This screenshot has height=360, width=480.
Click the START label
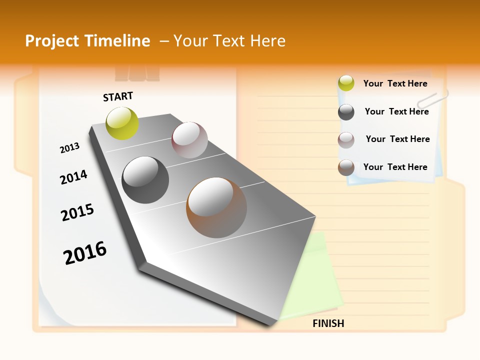[118, 96]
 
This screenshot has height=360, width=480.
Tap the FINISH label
[328, 323]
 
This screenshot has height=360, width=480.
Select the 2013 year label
[69, 148]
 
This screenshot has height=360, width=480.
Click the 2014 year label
[73, 177]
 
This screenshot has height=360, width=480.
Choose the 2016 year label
[85, 252]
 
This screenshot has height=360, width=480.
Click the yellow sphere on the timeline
[122, 123]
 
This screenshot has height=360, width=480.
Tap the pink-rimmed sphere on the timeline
[189, 140]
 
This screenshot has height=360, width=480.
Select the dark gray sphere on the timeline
[145, 180]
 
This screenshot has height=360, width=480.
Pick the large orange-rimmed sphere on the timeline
[216, 207]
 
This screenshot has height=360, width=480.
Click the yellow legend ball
[346, 83]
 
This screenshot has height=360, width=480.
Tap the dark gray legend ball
[346, 112]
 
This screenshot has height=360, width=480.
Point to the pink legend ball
[346, 140]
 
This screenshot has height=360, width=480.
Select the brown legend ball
[346, 167]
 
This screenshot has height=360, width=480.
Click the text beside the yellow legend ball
[395, 84]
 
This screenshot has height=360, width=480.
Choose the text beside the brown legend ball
[395, 167]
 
